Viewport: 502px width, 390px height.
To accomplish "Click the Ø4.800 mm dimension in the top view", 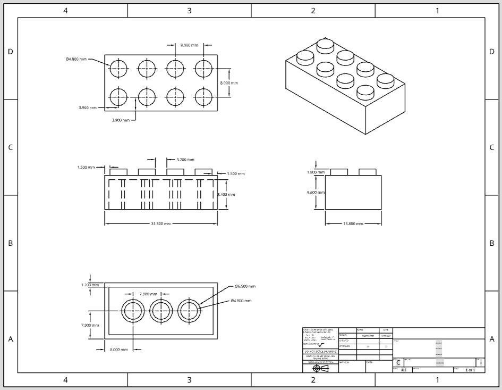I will click(76, 59).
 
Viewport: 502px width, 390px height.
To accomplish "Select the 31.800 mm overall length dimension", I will click(160, 224).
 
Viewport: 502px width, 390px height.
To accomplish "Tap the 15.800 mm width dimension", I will click(352, 224).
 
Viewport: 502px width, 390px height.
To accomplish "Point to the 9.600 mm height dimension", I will click(316, 192).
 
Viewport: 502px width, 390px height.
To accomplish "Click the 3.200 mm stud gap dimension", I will click(185, 160).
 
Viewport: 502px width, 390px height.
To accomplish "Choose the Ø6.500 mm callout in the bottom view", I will click(245, 286).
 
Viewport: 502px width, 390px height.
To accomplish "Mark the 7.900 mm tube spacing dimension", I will click(148, 294).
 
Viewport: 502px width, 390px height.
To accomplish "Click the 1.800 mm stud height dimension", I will click(316, 172).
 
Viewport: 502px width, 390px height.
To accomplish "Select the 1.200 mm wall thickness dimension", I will click(90, 285).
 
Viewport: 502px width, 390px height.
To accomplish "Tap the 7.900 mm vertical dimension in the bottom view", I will click(90, 325).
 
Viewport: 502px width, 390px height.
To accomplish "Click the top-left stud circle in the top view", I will click(118, 68).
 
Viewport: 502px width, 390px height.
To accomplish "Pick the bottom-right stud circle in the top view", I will click(203, 97).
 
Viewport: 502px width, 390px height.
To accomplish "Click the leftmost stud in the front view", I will click(118, 172).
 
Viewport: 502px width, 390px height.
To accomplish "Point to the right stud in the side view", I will click(368, 172).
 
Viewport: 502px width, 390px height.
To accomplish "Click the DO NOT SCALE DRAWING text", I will click(320, 351).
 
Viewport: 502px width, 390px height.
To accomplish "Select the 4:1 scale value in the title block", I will click(404, 370).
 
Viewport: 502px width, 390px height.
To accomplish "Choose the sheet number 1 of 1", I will click(470, 370).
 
